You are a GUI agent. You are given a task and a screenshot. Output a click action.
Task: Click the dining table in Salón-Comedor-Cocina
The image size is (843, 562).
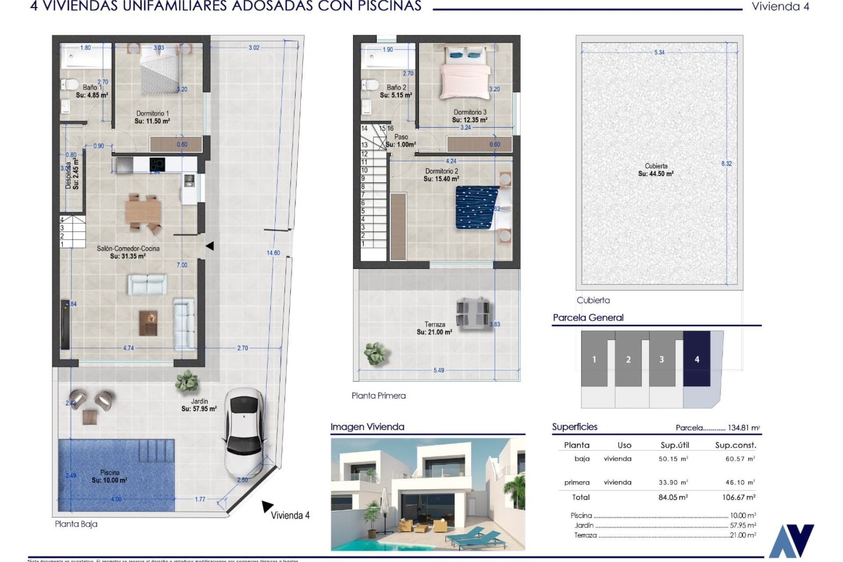coord(143,212)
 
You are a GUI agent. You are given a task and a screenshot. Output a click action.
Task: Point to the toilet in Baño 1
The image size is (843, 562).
coord(69,84)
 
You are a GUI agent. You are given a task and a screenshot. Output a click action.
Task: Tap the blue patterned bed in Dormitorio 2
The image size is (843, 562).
coord(476,207)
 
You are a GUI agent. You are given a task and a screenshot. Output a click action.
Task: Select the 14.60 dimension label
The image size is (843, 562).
coord(273,253)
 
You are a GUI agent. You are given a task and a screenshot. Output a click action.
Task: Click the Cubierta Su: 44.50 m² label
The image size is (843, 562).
coord(656,170)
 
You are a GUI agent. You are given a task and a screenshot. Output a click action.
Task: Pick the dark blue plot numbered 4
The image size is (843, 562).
coord(696,359)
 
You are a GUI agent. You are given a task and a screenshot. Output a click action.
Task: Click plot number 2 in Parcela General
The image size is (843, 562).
coord(628,359)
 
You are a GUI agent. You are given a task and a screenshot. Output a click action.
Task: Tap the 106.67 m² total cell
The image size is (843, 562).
coord(739,497)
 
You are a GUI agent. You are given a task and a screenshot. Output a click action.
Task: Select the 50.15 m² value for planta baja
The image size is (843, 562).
coord(673,459)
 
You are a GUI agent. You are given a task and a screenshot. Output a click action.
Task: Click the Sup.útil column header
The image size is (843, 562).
coord(674,445)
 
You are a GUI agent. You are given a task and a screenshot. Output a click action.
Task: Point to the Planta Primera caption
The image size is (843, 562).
coord(378,396)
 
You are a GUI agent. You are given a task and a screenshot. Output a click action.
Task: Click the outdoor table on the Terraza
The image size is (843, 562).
coord(472,312)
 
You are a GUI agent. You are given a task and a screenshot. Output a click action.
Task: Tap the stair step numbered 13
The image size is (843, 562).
coord(364,145)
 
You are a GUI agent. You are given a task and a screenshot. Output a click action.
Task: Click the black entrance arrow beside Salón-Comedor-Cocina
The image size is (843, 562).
coord(210,246)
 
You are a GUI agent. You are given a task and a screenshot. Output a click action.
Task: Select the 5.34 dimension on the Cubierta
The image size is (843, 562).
coord(659,52)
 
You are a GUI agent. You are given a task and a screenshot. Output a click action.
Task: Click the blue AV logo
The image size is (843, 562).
coord(791,541)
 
